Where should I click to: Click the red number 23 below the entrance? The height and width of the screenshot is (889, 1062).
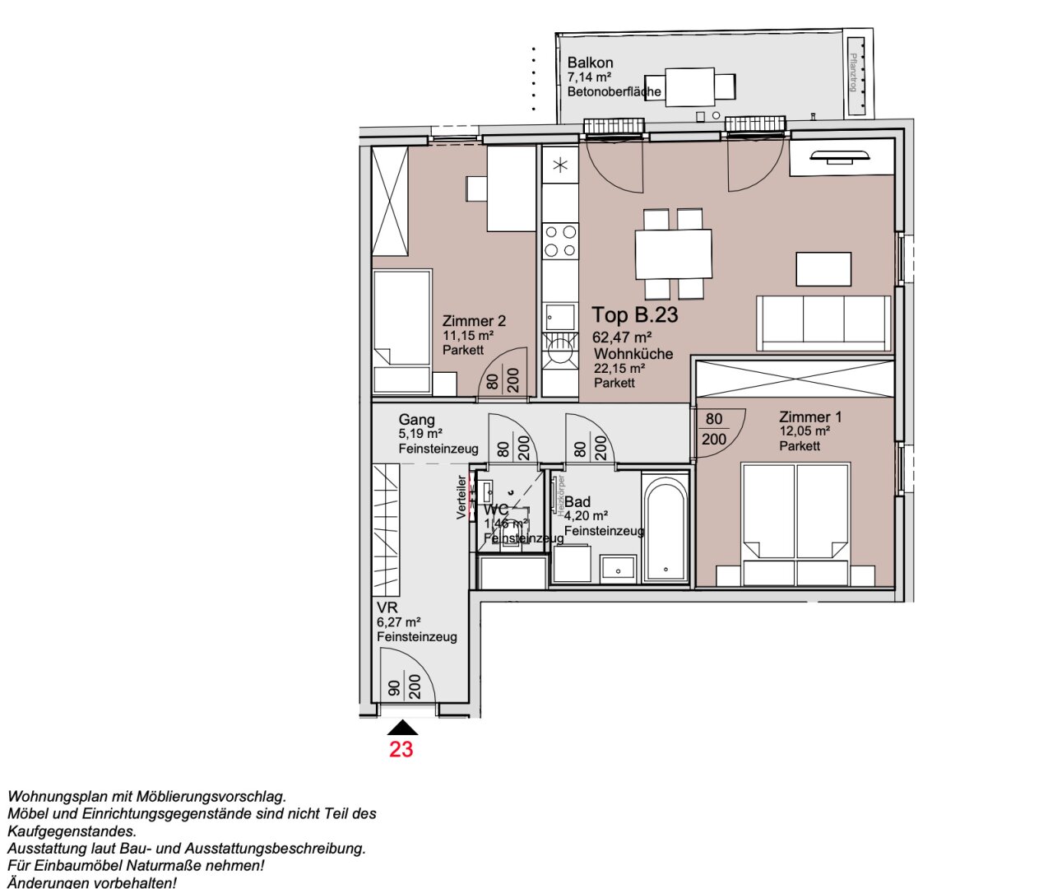tap(401, 749)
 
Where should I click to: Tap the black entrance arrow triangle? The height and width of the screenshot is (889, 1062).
tap(401, 728)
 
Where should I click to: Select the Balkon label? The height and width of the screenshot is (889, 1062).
tap(590, 63)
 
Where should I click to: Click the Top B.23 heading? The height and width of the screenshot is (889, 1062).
tap(635, 315)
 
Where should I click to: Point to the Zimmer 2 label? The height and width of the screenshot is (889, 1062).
tap(474, 321)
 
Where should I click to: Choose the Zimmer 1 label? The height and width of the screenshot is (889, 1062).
tap(810, 417)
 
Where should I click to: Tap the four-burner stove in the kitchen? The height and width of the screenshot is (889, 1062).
tap(560, 242)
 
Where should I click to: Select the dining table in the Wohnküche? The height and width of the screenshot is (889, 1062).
tap(673, 254)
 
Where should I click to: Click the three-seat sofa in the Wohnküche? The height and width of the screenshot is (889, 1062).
tap(823, 323)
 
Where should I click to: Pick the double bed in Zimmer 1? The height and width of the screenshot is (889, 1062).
tap(795, 524)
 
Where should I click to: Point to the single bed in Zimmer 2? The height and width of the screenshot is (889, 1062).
tap(401, 329)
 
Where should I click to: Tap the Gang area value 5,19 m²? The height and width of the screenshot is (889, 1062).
tap(420, 434)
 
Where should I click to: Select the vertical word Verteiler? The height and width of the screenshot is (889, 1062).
tap(461, 497)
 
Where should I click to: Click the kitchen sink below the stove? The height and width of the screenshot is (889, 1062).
tap(560, 317)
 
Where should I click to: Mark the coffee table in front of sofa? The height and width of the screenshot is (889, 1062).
tap(823, 269)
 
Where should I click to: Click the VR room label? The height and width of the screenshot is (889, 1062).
tap(387, 607)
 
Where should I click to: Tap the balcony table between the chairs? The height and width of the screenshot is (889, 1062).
tap(689, 86)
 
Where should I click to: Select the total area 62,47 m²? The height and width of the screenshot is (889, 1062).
tap(622, 337)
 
